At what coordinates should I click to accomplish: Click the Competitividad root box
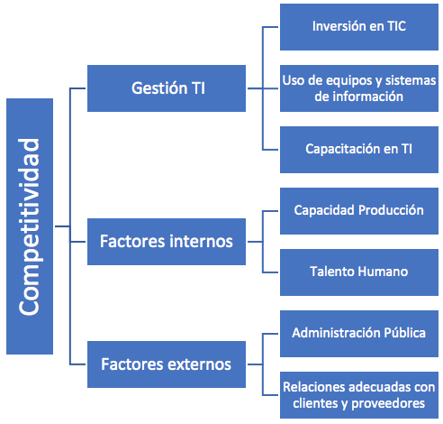click(30, 226)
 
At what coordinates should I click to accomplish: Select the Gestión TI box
click(167, 88)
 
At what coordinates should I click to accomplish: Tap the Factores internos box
click(167, 242)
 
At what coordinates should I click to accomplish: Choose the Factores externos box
click(167, 364)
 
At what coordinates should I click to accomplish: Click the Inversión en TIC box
click(359, 27)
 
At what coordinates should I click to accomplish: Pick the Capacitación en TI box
click(359, 150)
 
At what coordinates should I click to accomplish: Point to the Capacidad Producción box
click(359, 211)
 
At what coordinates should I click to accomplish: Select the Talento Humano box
click(359, 272)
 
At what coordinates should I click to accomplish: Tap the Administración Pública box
click(359, 334)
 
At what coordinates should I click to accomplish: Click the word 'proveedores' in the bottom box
click(388, 404)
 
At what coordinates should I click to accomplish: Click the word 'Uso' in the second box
click(292, 80)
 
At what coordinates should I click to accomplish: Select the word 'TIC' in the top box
click(396, 26)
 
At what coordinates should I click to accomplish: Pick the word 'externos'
click(199, 364)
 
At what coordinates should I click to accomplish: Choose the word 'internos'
click(201, 241)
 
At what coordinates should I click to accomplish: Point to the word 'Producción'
click(391, 210)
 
